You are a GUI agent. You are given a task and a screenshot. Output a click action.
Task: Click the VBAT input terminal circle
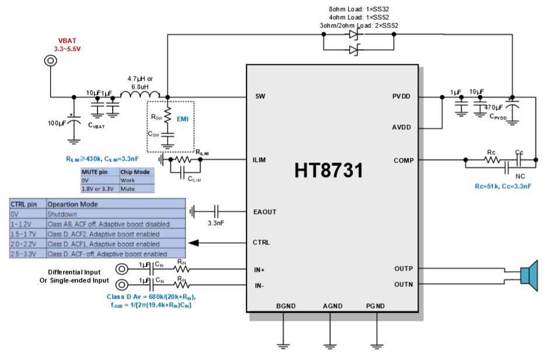(50, 61)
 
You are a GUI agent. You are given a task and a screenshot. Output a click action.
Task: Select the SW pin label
(261, 96)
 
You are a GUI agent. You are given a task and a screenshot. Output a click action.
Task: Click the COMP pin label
(402, 160)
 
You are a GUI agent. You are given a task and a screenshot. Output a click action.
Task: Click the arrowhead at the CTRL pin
(194, 242)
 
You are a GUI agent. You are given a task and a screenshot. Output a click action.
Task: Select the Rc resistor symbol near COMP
(491, 160)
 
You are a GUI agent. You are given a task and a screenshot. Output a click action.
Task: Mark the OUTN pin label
(404, 285)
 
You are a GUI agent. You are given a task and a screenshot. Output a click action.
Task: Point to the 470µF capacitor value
(494, 107)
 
